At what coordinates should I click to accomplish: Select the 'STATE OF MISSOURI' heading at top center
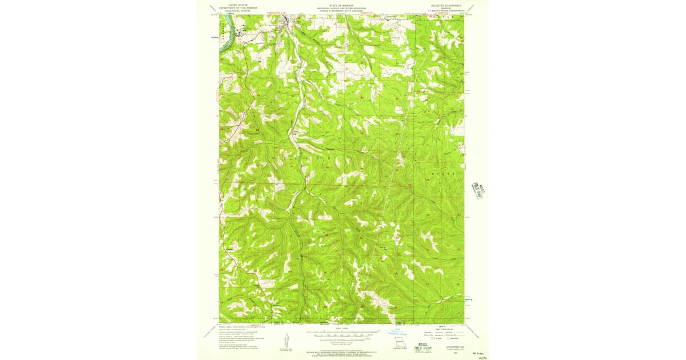[x=342, y=5]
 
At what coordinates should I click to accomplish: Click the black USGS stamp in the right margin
[x=476, y=189]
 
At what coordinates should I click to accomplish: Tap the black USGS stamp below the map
[x=422, y=346]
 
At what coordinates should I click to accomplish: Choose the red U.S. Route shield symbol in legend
[x=433, y=338]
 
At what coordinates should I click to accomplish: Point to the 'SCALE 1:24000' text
[x=342, y=328]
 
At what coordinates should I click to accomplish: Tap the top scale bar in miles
[x=342, y=331]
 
